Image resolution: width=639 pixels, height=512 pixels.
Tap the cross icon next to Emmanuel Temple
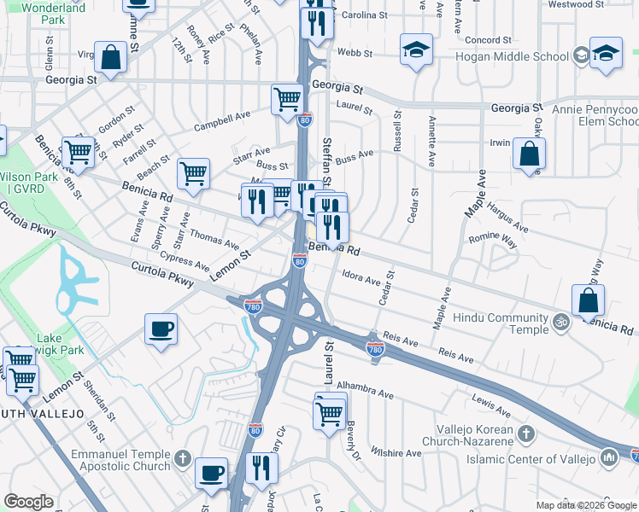181,461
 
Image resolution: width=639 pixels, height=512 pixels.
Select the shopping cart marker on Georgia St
287,100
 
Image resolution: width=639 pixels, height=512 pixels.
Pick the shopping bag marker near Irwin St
529,154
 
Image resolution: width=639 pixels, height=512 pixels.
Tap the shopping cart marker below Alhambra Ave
330,415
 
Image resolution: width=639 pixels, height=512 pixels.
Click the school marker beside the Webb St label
416,49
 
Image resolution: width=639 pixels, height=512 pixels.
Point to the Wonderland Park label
54,13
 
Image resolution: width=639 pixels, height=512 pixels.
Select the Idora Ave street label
361,278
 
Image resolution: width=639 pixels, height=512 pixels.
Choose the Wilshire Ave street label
396,451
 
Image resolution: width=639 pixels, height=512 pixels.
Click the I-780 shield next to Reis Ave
374,348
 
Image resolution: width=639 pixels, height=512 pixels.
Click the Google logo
28,502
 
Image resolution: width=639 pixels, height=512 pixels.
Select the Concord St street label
489,40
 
